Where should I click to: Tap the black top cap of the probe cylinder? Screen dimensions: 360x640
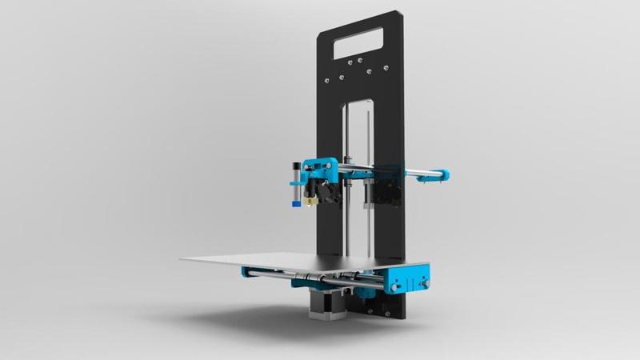pyautogui.click(x=296, y=165)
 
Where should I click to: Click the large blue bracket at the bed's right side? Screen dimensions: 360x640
pyautogui.click(x=409, y=282)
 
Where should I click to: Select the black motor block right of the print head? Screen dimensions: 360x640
pyautogui.click(x=381, y=192)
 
